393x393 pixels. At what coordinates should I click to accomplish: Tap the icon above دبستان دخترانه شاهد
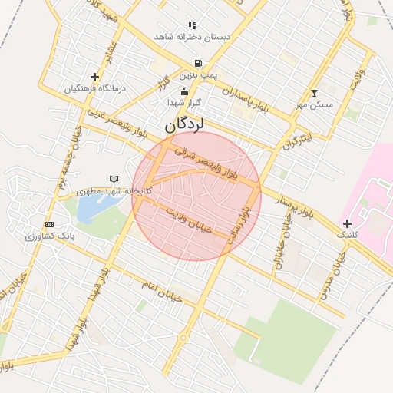pyautogui.click(x=192, y=25)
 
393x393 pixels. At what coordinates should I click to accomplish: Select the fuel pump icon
pyautogui.click(x=199, y=63)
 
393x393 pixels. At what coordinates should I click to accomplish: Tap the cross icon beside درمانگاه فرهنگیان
pyautogui.click(x=94, y=77)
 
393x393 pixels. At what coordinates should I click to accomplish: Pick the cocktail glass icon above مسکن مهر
pyautogui.click(x=313, y=93)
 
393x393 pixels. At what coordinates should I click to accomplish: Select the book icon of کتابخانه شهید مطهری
pyautogui.click(x=114, y=178)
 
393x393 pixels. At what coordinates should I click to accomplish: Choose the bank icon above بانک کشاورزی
pyautogui.click(x=50, y=224)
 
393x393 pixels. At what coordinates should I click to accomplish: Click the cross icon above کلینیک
pyautogui.click(x=348, y=224)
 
